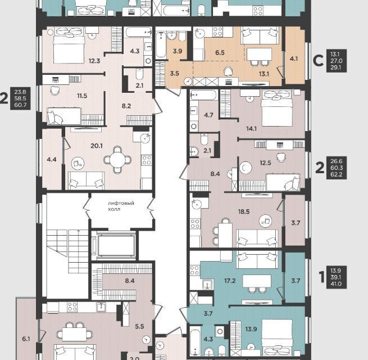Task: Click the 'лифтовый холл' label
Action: pos(121,206)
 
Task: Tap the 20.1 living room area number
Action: pos(97,146)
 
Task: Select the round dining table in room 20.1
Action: pos(117,160)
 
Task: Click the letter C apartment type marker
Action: pos(318,61)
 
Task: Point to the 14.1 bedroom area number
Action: pos(251,129)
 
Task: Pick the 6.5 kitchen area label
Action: pos(220,53)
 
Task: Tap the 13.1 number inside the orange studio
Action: pos(264,74)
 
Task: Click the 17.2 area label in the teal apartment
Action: pos(230,281)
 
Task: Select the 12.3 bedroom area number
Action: pos(94,61)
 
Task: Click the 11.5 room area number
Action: pos(82,96)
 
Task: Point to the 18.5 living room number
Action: pos(244,211)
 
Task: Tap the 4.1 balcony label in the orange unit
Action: pos(294,58)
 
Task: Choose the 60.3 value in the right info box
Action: pos(337,168)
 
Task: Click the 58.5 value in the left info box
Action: pos(20,98)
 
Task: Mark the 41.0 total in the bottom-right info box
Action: pos(336,284)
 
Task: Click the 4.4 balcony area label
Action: pos(52,160)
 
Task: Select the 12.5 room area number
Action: pos(265,163)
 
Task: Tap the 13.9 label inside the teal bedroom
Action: pos(251,329)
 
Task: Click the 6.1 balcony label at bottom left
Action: pos(26,339)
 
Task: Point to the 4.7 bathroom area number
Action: pos(208,115)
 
